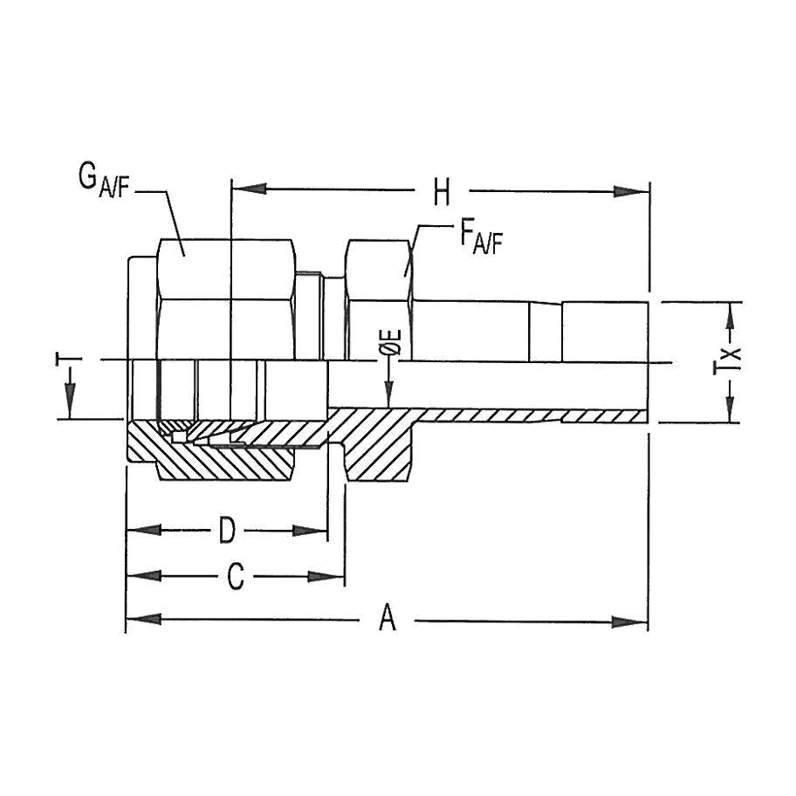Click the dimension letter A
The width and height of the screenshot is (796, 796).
[x=388, y=621]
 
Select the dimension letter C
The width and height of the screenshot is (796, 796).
[x=235, y=577]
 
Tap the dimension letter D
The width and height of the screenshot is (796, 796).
[x=227, y=530]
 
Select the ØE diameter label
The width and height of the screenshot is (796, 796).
[x=392, y=343]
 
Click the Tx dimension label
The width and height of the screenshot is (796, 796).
[x=731, y=360]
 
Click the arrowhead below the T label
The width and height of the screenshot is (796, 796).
[x=67, y=407]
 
